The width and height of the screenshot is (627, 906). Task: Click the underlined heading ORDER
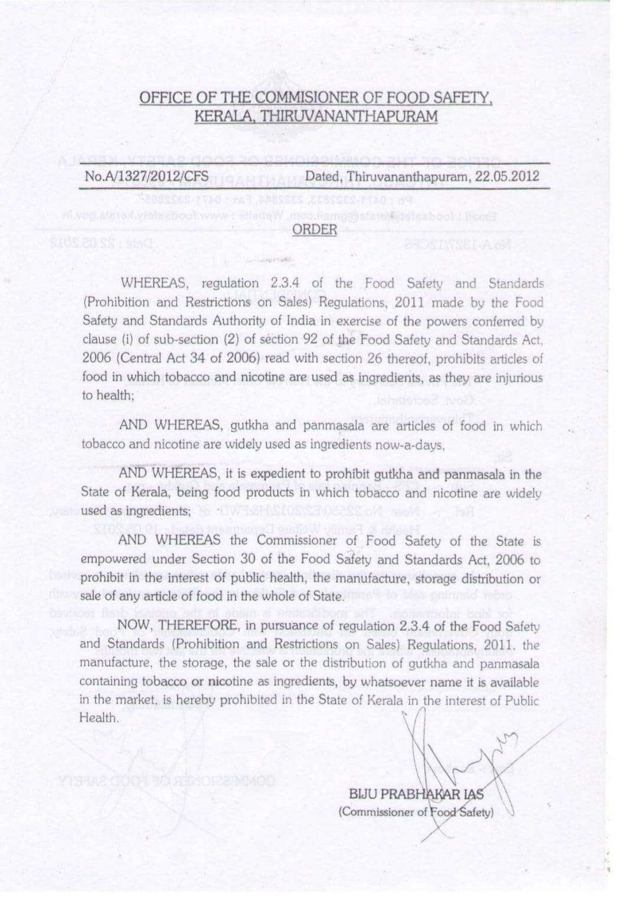[315, 230]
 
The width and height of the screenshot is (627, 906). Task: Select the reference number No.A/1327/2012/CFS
[147, 176]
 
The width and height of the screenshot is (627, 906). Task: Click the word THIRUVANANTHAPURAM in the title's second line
[350, 116]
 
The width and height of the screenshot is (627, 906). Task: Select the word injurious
[517, 377]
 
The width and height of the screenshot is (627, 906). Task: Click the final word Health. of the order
[99, 718]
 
